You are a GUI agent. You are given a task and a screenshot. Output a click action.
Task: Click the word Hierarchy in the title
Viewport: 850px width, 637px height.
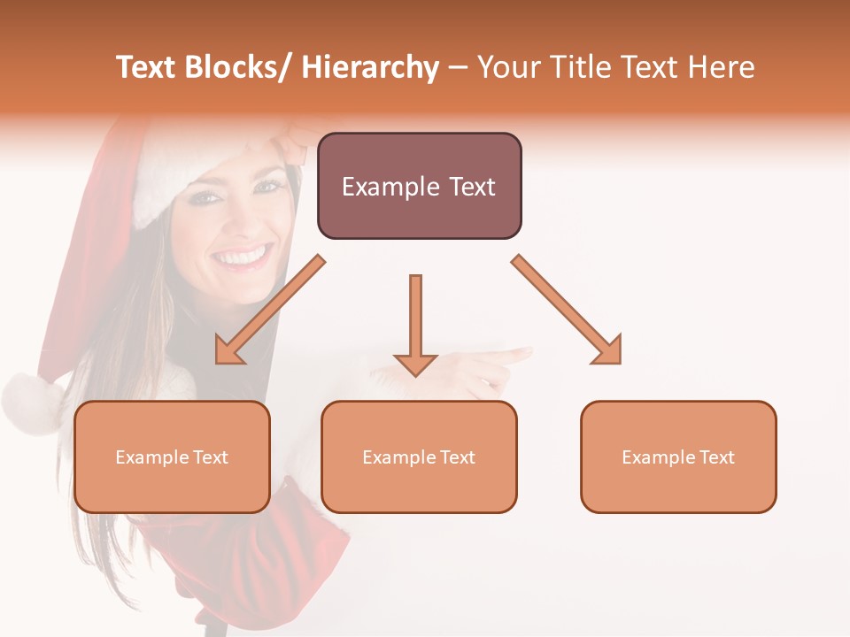370,67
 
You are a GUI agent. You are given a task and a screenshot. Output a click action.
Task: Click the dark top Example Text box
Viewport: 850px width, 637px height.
419,186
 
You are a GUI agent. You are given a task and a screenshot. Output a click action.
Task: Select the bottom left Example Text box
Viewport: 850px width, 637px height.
172,457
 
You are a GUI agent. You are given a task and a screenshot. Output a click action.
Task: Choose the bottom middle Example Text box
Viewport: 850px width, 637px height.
419,457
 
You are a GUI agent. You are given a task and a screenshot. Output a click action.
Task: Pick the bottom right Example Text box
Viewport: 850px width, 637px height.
678,457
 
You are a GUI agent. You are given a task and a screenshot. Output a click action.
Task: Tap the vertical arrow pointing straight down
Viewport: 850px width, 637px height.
415,324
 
